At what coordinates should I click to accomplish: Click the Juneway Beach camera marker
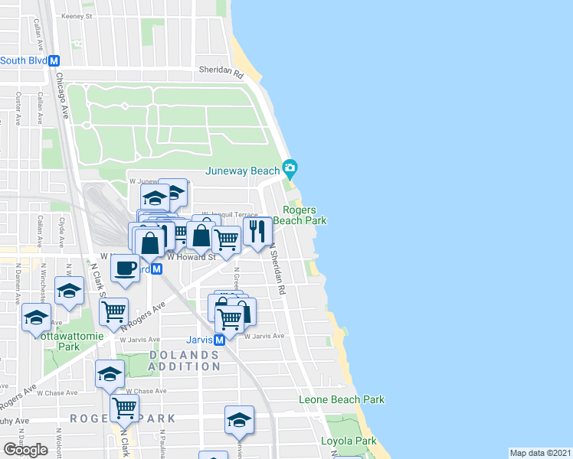point(290,167)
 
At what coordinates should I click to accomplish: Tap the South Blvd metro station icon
point(54,60)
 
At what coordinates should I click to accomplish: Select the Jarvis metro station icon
point(219,339)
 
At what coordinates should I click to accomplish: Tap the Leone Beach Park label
point(341,399)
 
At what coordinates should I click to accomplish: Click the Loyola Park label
point(349,441)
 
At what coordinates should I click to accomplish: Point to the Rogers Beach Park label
point(305,215)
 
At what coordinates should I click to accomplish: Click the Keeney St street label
point(77,15)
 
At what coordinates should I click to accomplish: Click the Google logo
point(25,450)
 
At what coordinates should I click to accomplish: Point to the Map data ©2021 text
point(540,453)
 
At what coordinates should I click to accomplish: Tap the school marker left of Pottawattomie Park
point(36,316)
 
